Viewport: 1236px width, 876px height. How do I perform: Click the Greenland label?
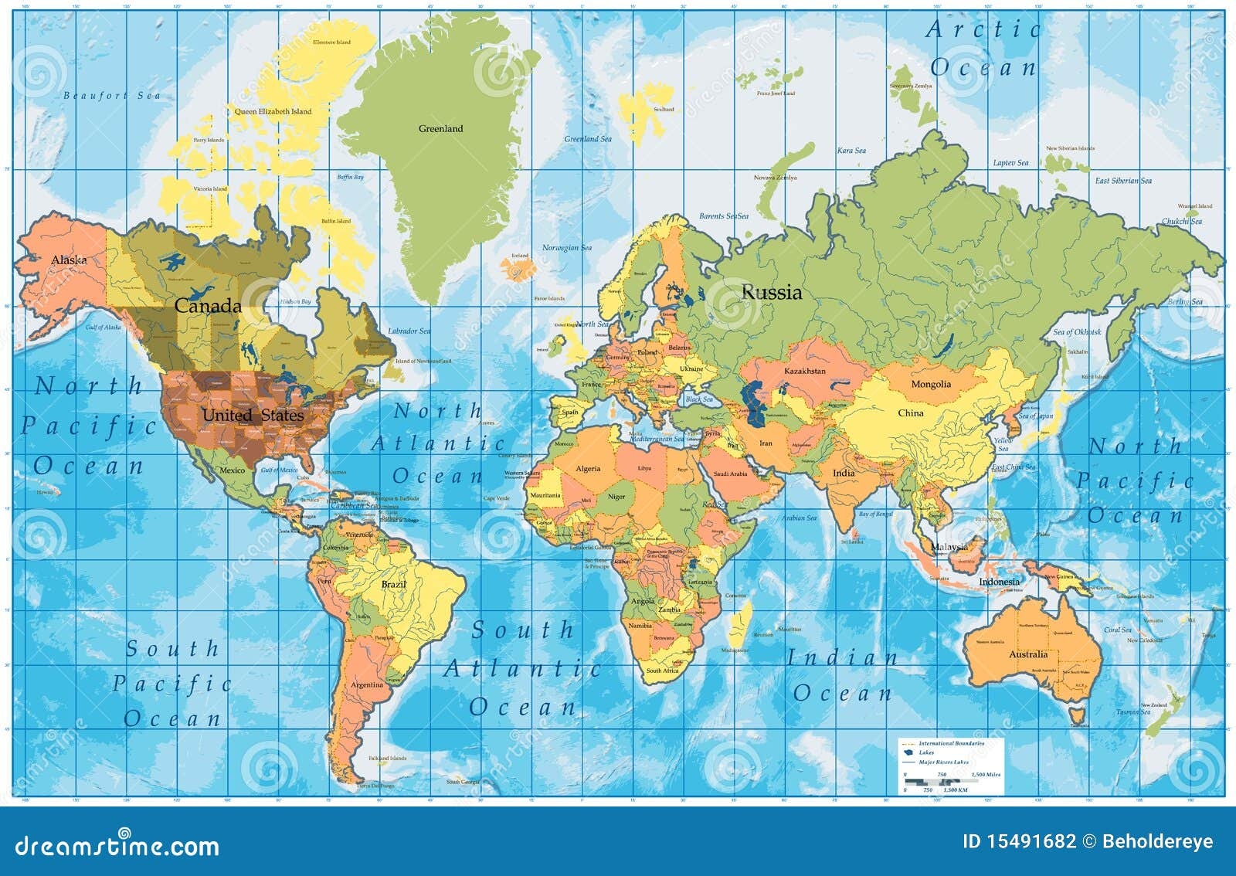point(440,129)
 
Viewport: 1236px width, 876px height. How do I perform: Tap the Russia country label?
point(771,293)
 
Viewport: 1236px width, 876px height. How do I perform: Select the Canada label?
point(208,306)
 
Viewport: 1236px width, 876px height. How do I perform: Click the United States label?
point(253,416)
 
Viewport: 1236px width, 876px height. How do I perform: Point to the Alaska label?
point(69,260)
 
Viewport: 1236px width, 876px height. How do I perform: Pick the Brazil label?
point(393,585)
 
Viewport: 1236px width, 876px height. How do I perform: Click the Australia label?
point(1028,654)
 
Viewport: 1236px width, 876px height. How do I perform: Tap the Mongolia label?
point(931,384)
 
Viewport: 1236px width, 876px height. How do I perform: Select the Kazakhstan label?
point(805,372)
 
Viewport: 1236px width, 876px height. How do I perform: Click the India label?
point(844,473)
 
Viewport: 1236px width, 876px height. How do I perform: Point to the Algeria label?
point(588,469)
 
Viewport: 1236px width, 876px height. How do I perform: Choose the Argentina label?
point(366,684)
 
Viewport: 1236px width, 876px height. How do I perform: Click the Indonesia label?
point(999,582)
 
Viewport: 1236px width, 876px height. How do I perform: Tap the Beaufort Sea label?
point(112,96)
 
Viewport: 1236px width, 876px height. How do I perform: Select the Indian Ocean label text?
point(842,676)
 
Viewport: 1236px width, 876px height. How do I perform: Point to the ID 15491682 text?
point(1018,841)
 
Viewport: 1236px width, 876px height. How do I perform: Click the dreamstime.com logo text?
point(117,844)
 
